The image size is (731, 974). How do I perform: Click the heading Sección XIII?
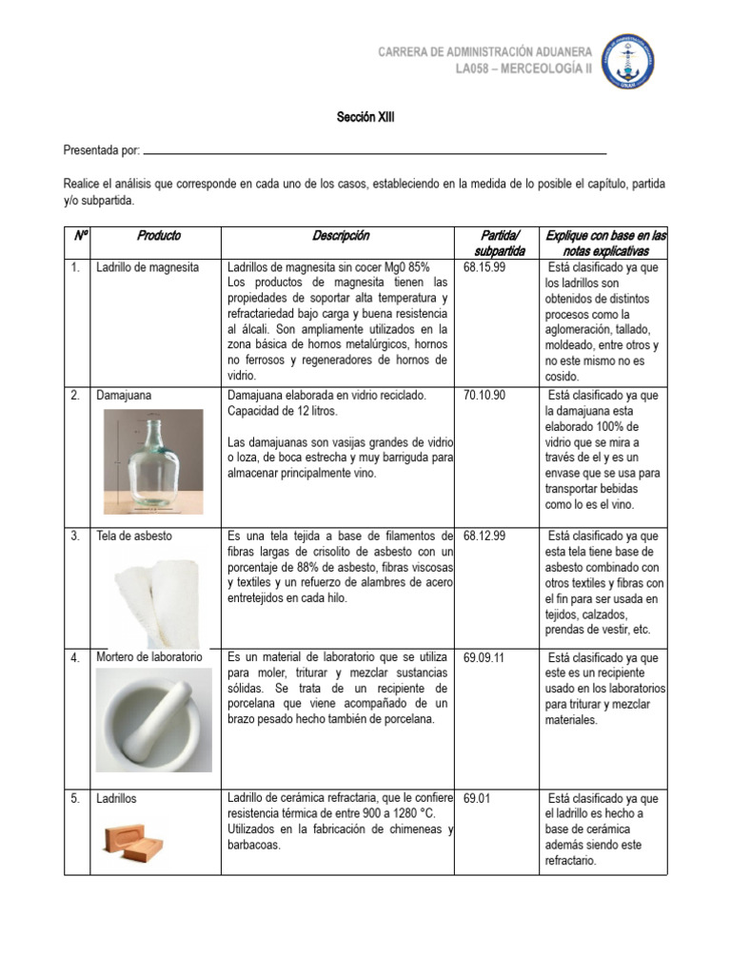coord(365,118)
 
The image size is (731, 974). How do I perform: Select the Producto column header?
coord(158,236)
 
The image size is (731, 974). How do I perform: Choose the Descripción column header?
coord(341,236)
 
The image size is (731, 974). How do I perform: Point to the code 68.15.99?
coord(484,268)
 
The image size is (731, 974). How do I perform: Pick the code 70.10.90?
coord(484,395)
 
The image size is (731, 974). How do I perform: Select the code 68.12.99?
coord(484,536)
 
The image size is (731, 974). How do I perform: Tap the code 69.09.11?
coord(484,658)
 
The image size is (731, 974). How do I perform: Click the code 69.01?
coord(476,799)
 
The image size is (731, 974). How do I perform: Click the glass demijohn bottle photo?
coord(153,460)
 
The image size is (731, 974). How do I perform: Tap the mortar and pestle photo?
coord(153,720)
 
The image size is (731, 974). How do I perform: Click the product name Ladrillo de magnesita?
coord(148,268)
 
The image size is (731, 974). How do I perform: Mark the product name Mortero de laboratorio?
coord(149,658)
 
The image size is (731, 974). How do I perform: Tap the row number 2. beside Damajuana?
coord(75,395)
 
